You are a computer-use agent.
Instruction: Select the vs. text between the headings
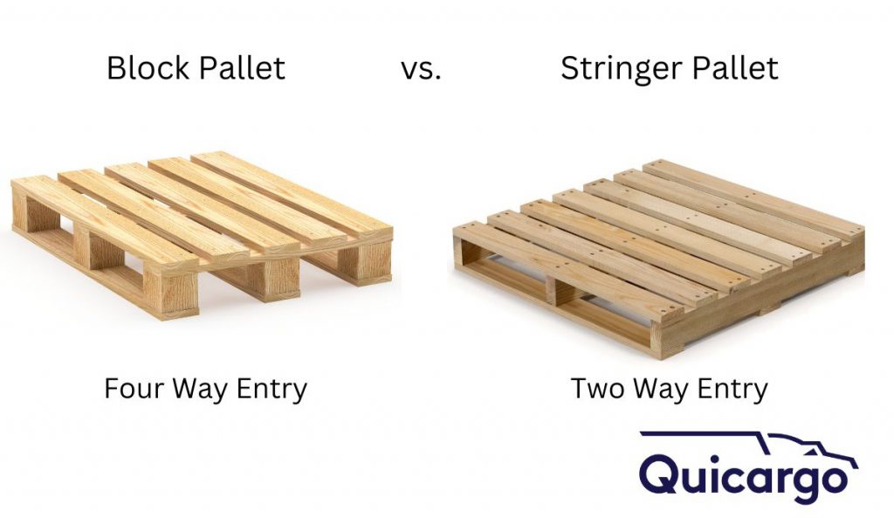click(x=421, y=68)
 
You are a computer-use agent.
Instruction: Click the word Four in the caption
click(x=134, y=389)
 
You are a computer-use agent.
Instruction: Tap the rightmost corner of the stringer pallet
click(x=851, y=253)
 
